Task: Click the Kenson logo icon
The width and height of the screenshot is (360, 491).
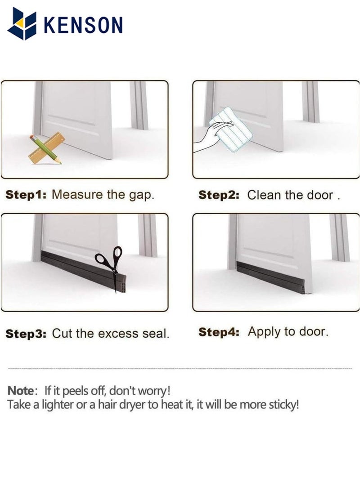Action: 22,23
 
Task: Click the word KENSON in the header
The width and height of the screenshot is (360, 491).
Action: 83,24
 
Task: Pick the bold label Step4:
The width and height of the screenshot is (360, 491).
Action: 219,332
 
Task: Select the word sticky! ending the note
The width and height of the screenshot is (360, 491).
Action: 283,405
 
